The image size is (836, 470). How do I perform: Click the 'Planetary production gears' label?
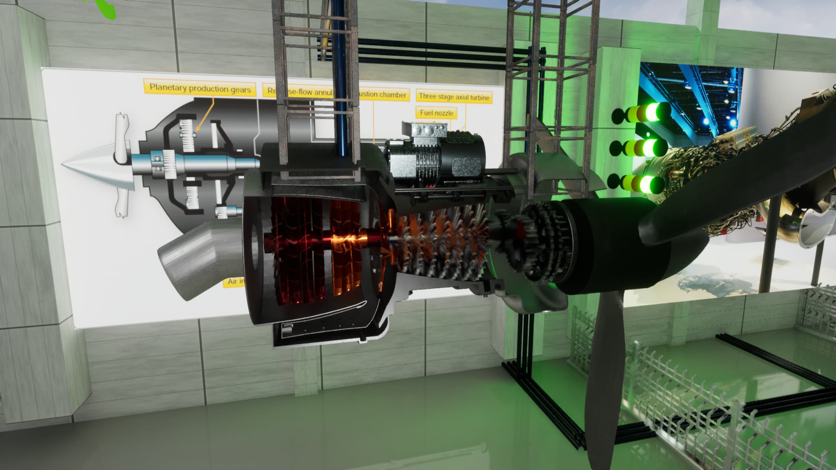click(200, 88)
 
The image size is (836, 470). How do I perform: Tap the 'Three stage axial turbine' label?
click(454, 97)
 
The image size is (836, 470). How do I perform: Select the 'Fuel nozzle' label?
click(436, 113)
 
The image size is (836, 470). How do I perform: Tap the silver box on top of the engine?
click(428, 131)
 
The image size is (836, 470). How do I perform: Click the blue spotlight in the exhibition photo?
click(733, 123)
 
